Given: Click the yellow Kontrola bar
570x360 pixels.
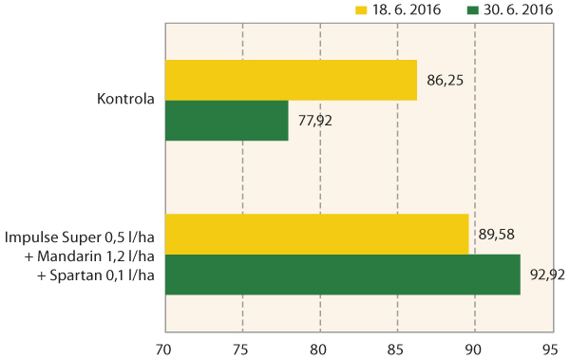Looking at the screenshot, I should (x=291, y=80).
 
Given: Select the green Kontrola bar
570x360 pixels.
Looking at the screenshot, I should (x=226, y=121).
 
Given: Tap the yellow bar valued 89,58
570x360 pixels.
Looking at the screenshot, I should (x=316, y=234).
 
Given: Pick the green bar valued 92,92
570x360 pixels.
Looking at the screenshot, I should (x=342, y=274).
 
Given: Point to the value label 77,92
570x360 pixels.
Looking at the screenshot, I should (x=315, y=123).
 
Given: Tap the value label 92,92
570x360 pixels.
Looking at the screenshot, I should (x=548, y=275).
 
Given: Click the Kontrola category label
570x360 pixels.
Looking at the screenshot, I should (x=125, y=99).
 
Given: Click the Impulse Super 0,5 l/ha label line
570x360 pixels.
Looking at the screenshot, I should (x=81, y=236).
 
